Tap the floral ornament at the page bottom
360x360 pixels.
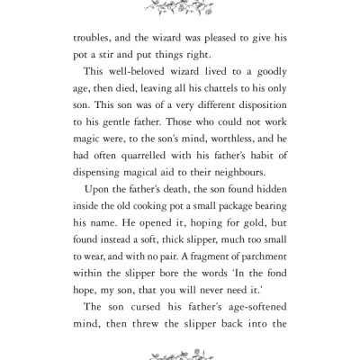pos(179,354)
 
